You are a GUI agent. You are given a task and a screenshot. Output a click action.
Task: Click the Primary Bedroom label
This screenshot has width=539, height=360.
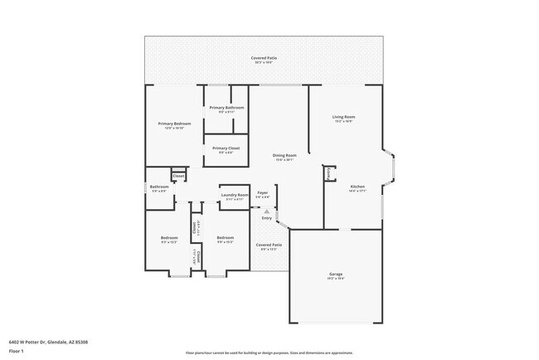pyautogui.click(x=175, y=124)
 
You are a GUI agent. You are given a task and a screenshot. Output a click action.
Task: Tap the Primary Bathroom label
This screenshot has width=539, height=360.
pyautogui.click(x=226, y=108)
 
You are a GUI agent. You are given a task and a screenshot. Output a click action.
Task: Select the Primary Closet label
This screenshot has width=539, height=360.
pyautogui.click(x=226, y=148)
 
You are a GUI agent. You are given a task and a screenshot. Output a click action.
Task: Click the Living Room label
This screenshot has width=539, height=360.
pyautogui.click(x=343, y=118)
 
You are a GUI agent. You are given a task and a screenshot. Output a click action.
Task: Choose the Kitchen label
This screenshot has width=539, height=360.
pyautogui.click(x=357, y=187)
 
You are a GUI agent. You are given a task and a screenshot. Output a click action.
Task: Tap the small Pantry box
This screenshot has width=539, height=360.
pyautogui.click(x=329, y=173)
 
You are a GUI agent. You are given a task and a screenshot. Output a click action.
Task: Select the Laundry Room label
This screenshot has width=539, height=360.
pyautogui.click(x=235, y=195)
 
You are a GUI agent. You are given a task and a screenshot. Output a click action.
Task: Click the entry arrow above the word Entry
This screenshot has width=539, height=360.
pyautogui.click(x=266, y=211)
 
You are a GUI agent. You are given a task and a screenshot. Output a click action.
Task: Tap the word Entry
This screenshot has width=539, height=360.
pyautogui.click(x=266, y=217)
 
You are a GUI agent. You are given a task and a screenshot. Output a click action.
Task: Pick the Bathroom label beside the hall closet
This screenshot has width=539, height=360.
pyautogui.click(x=159, y=187)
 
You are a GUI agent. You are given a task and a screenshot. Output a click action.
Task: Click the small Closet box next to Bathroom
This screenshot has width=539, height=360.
pyautogui.click(x=178, y=175)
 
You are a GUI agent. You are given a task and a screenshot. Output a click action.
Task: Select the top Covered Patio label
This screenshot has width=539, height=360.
pyautogui.click(x=265, y=59)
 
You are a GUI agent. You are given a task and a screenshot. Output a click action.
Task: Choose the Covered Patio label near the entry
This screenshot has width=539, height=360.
pyautogui.click(x=268, y=246)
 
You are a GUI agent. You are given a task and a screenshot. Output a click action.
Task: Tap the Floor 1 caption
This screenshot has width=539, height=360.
pyautogui.click(x=16, y=350)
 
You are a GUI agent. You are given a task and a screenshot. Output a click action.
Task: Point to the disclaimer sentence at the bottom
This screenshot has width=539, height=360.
pyautogui.click(x=269, y=352)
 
